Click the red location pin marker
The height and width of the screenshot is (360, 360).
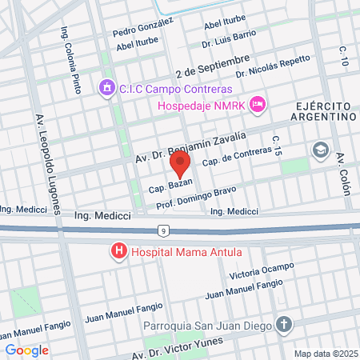click(x=180, y=166)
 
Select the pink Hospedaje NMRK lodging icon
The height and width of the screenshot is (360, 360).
click(x=257, y=104)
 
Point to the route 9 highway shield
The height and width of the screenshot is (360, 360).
click(x=163, y=231)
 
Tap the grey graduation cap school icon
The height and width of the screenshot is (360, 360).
click(x=320, y=150)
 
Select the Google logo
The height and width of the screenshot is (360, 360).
click(x=26, y=350)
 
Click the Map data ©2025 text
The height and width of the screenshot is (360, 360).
click(x=325, y=353)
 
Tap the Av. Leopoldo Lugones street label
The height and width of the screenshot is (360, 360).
click(x=48, y=164)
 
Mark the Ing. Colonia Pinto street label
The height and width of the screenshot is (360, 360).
click(x=71, y=61)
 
